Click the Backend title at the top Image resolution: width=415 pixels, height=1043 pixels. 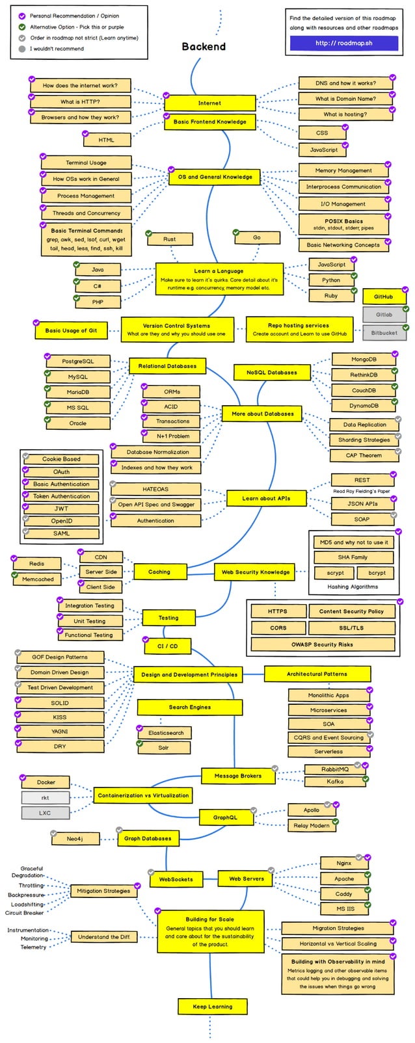pos(204,47)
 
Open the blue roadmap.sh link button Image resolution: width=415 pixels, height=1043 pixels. pos(334,43)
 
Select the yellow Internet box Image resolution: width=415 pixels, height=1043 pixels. pos(209,103)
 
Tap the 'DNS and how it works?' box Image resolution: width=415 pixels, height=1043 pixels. pos(345,83)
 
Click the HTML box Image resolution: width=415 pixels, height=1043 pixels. pos(106,140)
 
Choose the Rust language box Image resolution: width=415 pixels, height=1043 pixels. pos(169,239)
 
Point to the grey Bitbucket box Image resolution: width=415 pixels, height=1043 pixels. pos(384,333)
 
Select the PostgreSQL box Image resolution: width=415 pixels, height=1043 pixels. pos(77,362)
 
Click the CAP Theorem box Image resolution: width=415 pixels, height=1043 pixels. pos(364,455)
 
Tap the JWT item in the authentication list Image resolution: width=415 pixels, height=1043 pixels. pos(61,508)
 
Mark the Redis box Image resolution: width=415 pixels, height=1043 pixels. pos(36,564)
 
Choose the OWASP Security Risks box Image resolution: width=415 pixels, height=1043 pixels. pos(322,644)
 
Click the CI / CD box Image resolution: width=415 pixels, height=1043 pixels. pos(167,646)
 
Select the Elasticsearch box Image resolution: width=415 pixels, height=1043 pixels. pos(165,733)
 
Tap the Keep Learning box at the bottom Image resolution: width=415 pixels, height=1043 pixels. pos(212,1007)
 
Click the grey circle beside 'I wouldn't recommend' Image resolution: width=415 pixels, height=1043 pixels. pos(22,49)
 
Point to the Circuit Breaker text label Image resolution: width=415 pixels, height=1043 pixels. pos(24,913)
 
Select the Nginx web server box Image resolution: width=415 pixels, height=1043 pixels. pos(343,864)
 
